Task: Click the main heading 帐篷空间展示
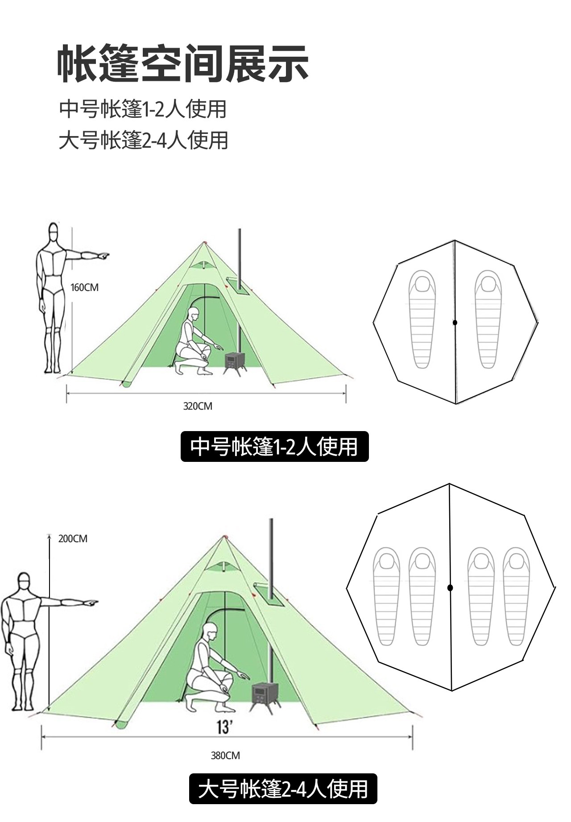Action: point(183,63)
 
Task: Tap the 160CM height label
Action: point(85,287)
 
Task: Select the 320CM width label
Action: point(198,406)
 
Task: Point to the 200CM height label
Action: point(73,539)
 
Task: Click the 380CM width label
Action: point(225,756)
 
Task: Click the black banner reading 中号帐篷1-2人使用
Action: point(274,446)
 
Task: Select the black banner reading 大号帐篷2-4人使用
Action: point(283,789)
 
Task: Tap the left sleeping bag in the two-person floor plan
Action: point(422,320)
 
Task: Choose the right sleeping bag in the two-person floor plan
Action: point(488,320)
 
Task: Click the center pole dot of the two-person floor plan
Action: point(455,322)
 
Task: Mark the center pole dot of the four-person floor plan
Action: point(450,588)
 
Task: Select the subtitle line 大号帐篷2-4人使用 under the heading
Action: point(144,140)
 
